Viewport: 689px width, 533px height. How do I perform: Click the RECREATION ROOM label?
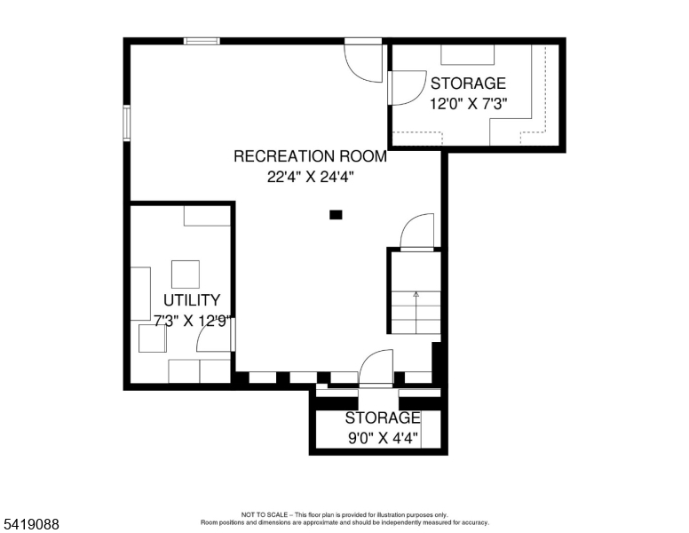(x=310, y=156)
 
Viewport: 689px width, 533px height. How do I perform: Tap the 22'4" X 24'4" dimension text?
(x=310, y=176)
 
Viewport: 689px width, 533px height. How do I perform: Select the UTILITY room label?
(x=191, y=300)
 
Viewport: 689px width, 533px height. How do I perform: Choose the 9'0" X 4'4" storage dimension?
(x=382, y=437)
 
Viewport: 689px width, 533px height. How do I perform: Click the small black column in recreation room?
(x=336, y=214)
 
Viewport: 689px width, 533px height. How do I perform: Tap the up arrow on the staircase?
(x=416, y=292)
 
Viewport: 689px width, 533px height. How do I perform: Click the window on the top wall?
(x=202, y=40)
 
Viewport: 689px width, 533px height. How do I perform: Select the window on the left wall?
(x=127, y=123)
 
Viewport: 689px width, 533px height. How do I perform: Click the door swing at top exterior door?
(x=364, y=61)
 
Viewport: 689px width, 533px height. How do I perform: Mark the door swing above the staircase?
(x=417, y=233)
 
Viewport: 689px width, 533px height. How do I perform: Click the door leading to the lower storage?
(x=376, y=369)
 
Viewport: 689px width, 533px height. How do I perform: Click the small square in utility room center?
(x=186, y=273)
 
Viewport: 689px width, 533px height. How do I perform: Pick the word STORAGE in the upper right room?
(x=467, y=84)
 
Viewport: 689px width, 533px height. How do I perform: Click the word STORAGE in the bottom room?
(x=382, y=418)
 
